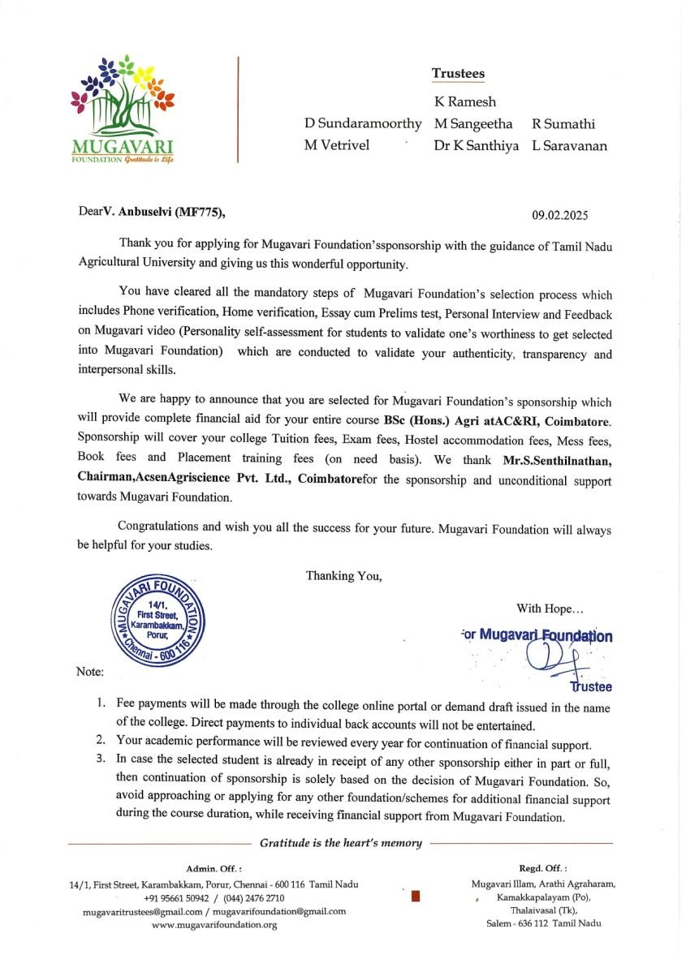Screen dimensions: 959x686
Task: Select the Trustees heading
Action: click(458, 74)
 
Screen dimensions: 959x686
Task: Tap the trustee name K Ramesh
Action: click(465, 102)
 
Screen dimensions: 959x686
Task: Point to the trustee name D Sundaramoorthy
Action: click(363, 124)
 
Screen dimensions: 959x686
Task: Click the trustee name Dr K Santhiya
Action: click(476, 147)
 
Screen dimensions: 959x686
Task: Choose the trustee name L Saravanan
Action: click(569, 147)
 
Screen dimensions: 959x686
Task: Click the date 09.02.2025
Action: click(560, 216)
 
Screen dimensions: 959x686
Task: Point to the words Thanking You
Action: click(343, 576)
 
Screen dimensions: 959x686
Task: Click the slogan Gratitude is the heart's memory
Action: click(341, 843)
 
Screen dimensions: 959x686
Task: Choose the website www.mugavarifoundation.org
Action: click(214, 925)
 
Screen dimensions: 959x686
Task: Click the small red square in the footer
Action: click(415, 897)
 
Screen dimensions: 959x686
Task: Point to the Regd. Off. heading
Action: click(543, 868)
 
